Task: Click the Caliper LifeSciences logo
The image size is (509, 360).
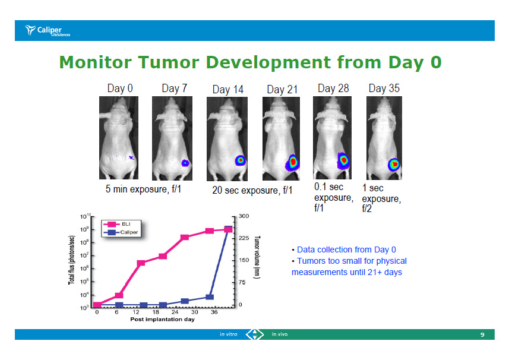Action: click(48, 30)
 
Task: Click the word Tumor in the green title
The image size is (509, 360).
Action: click(169, 62)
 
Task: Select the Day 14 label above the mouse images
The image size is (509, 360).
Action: click(228, 89)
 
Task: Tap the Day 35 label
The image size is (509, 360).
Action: click(384, 89)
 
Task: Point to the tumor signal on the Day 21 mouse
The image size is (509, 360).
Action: click(292, 162)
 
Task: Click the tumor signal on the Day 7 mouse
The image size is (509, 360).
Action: click(185, 163)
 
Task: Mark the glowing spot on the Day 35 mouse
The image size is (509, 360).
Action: click(394, 165)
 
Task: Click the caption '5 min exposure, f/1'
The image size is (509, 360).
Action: click(143, 189)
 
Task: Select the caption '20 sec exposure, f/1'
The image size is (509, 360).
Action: click(252, 190)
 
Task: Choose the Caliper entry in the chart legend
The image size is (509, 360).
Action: click(121, 232)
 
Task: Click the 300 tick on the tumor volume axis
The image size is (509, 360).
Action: click(244, 216)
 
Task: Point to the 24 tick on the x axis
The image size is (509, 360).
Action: click(175, 312)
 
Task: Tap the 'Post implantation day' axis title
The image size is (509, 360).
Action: click(162, 320)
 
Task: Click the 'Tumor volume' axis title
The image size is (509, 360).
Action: click(257, 257)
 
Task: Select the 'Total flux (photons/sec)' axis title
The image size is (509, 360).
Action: click(71, 260)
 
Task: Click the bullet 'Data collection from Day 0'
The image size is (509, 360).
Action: click(344, 250)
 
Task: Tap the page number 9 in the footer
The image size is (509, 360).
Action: click(482, 334)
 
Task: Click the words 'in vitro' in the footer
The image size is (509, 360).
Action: click(229, 334)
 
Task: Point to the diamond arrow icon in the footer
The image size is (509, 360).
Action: click(254, 334)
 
